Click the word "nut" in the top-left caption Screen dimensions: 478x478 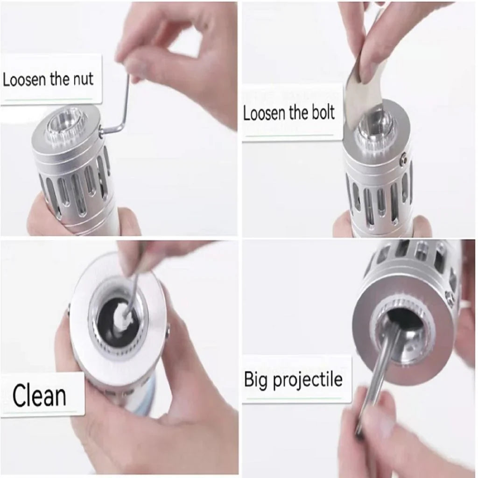[x=83, y=79]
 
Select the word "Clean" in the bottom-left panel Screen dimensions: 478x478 [x=39, y=395]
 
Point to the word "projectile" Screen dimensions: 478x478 [x=308, y=380]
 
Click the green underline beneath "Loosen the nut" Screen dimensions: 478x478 [x=49, y=99]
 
